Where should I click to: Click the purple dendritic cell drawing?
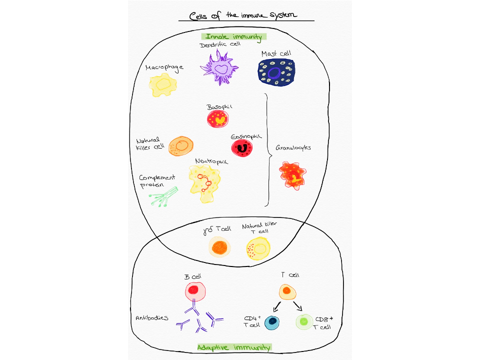219,68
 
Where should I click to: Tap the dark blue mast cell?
276,72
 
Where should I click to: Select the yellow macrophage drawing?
163,85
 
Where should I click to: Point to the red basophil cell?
217,119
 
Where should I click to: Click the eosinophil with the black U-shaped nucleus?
242,148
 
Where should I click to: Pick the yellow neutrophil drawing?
204,183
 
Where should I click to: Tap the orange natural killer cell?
181,146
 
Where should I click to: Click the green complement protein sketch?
163,197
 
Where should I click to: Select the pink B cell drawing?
195,291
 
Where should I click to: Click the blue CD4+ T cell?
272,322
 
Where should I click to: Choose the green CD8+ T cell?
304,321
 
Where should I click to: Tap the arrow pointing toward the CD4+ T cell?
276,306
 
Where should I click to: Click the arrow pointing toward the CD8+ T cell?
298,306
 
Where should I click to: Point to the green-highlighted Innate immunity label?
234,36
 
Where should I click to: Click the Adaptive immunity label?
234,347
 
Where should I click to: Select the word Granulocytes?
293,148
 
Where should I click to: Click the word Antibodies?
152,318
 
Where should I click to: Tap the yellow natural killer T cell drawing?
258,248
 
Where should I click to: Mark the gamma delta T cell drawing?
219,247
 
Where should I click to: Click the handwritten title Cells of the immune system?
243,15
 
